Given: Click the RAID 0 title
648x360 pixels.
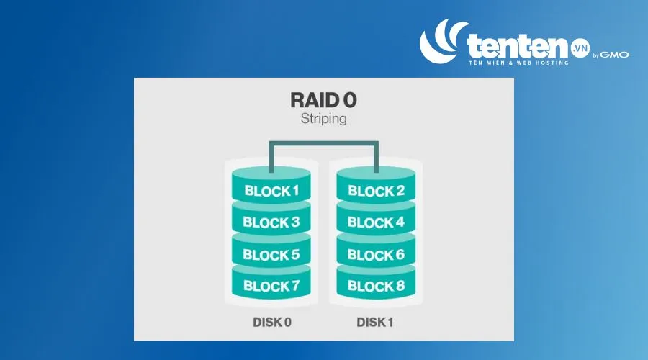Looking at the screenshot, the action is click(x=323, y=100).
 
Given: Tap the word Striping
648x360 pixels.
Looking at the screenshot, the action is click(x=323, y=119).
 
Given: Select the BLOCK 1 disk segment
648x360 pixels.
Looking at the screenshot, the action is click(x=271, y=186).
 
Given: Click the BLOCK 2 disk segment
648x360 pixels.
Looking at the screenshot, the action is click(x=376, y=186).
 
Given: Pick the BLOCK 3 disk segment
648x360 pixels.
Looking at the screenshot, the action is click(x=271, y=219).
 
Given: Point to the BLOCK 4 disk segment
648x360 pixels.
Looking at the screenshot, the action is click(x=376, y=219).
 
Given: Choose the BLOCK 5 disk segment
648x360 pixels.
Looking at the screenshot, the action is click(x=271, y=251).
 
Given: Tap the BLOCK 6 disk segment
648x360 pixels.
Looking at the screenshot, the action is click(x=376, y=251).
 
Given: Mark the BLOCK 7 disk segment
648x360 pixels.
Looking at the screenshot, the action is click(x=271, y=283).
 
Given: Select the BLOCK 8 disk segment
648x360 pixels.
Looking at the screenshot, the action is click(x=376, y=283).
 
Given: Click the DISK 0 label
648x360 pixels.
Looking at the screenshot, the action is click(x=272, y=322).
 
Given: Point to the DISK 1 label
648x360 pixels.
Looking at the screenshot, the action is click(x=375, y=322).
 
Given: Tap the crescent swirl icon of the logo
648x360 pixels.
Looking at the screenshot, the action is click(x=440, y=41).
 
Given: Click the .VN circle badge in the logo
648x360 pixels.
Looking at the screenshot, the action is click(x=580, y=48).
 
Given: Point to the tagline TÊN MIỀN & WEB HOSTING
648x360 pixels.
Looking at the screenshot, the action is click(x=518, y=63).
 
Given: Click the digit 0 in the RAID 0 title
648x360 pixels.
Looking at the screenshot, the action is click(x=350, y=100).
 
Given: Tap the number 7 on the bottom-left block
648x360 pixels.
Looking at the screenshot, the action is click(x=295, y=286).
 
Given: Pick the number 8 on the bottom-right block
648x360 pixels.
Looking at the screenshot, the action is click(x=400, y=286).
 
